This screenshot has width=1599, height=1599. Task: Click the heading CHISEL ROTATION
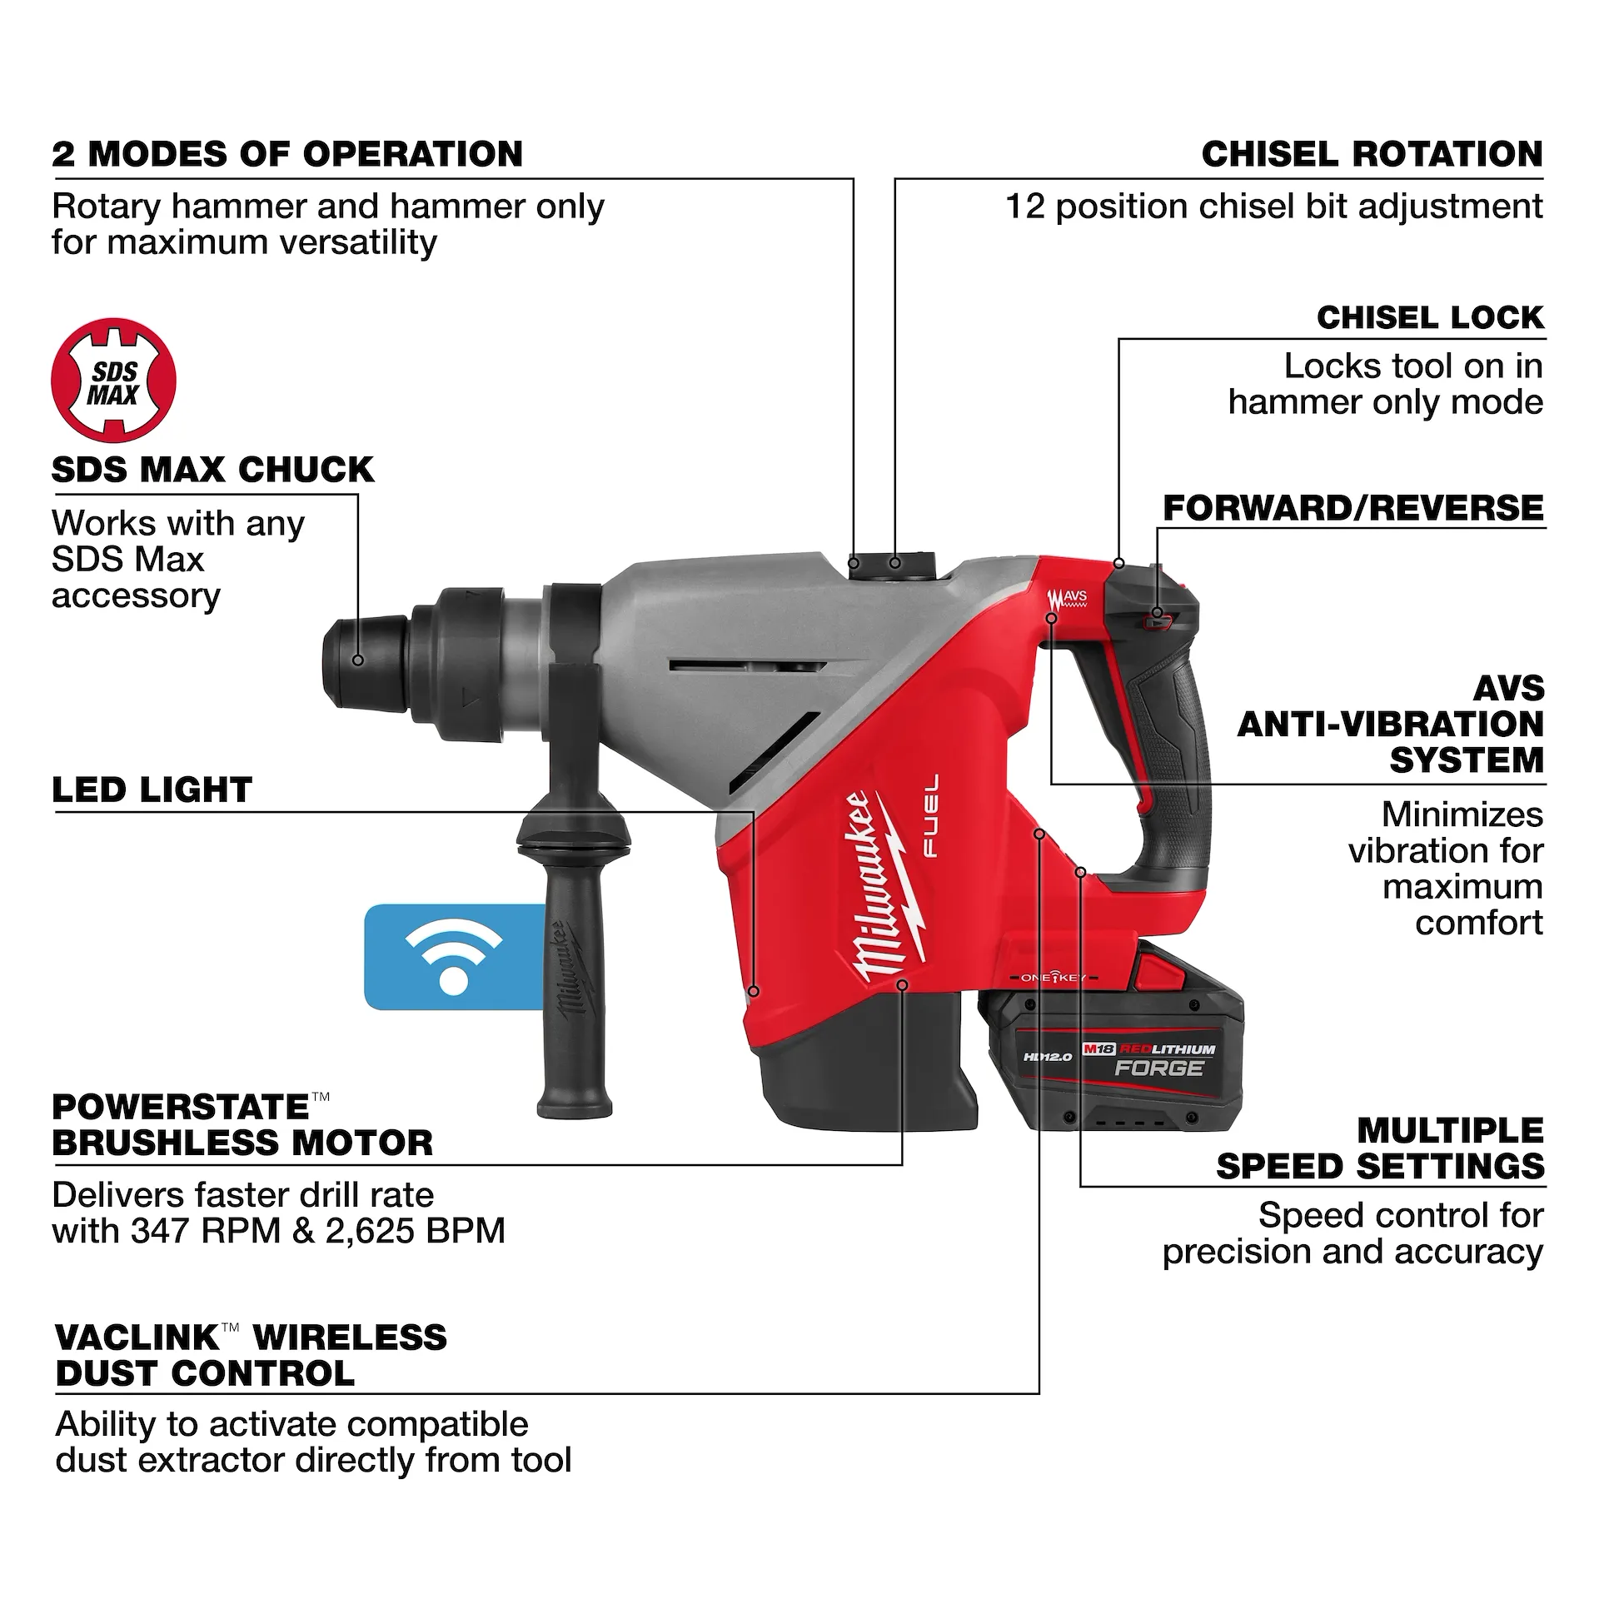coord(1372,155)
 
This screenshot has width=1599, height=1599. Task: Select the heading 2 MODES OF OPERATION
coord(287,155)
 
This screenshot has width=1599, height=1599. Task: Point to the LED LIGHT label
coord(152,790)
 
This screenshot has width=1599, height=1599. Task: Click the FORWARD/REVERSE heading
coord(1352,508)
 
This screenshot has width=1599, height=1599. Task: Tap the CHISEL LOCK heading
coord(1429,317)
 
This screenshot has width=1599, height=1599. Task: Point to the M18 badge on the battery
coord(1098,1050)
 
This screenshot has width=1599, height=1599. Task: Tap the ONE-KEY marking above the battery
coord(1053,978)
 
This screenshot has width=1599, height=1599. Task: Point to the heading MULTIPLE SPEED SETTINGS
coord(1379,1148)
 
